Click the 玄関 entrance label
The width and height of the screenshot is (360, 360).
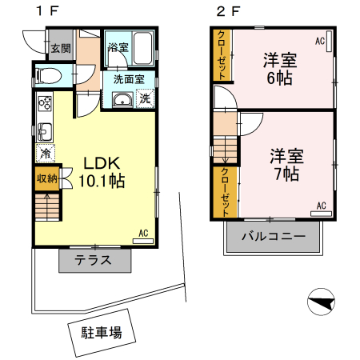pyautogui.click(x=60, y=48)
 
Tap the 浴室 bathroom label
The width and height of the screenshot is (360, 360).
pyautogui.click(x=118, y=48)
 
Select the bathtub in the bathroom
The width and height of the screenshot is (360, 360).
pyautogui.click(x=142, y=50)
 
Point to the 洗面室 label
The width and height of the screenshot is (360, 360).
pyautogui.click(x=128, y=79)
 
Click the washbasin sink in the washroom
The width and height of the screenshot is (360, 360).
pyautogui.click(x=123, y=99)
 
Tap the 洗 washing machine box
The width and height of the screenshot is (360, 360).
pyautogui.click(x=146, y=99)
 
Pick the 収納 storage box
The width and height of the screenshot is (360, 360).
pyautogui.click(x=46, y=178)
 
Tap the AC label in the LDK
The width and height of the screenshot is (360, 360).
pyautogui.click(x=145, y=233)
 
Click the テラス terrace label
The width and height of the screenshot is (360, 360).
pyautogui.click(x=94, y=260)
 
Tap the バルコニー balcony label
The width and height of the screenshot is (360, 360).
pyautogui.click(x=272, y=238)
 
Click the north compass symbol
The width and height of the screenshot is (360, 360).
pyautogui.click(x=321, y=302)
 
